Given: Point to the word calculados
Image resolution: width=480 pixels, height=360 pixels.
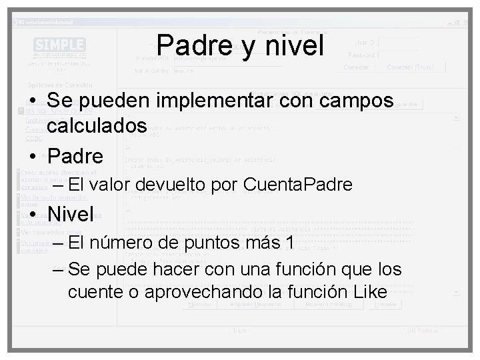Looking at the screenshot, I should tap(97, 125).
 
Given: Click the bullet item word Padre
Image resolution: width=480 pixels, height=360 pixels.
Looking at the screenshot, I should tap(75, 157).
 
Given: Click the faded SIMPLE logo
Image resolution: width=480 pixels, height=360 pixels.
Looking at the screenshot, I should tap(59, 45).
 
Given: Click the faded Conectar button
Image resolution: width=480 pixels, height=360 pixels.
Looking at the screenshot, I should tap(357, 67).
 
